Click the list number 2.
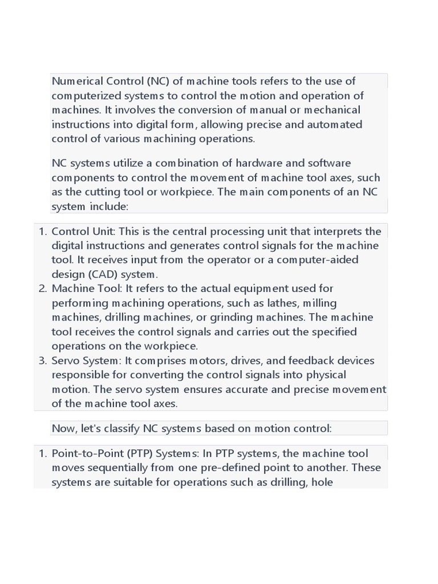42,289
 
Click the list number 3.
42,360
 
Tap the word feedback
312,360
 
